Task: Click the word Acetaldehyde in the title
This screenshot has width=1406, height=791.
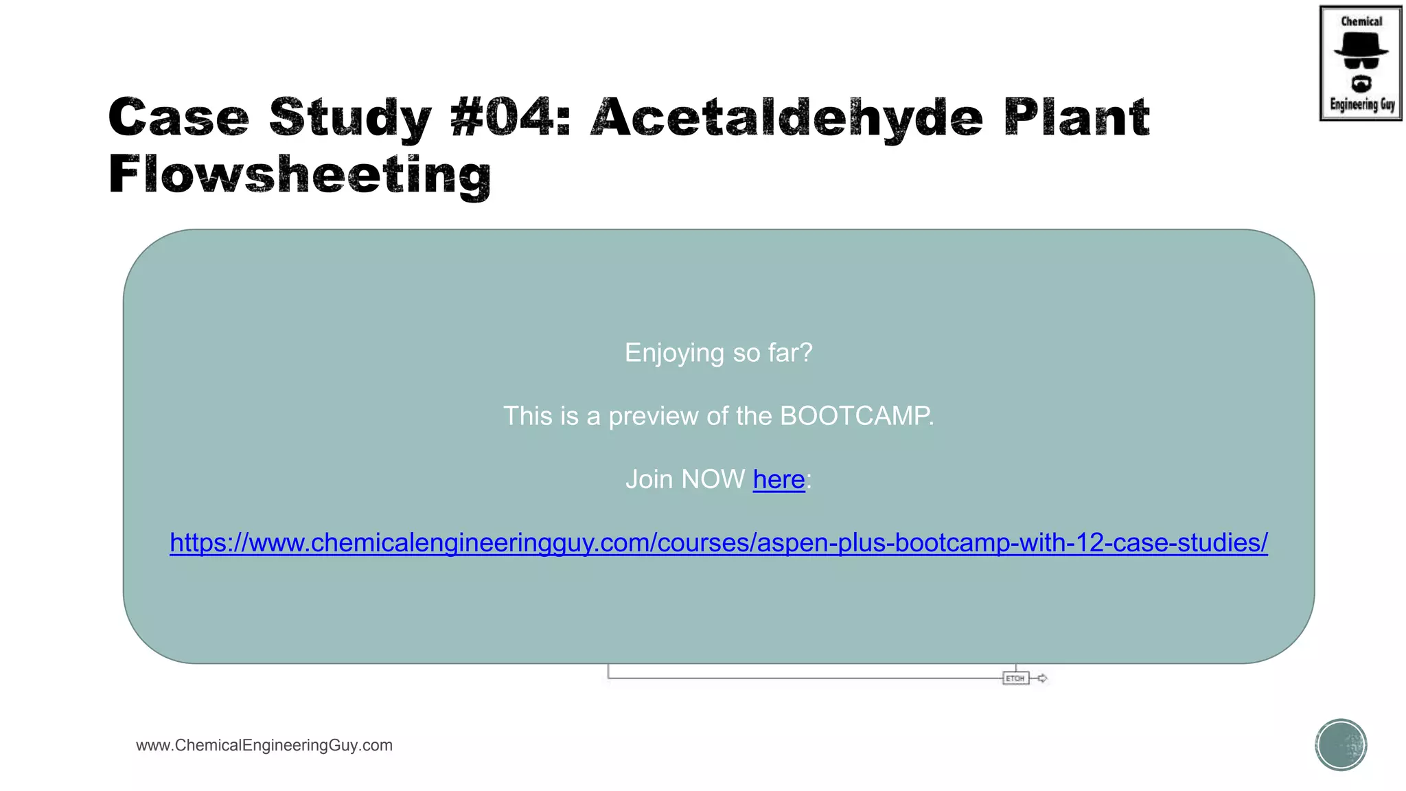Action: coord(787,117)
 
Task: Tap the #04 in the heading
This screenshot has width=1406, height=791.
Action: coord(510,117)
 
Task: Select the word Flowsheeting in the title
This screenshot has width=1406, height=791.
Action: coord(299,175)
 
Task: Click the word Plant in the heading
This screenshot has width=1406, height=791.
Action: coord(1076,117)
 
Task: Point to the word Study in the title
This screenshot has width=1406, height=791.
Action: coord(350,117)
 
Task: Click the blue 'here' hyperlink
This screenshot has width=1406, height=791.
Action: coord(779,479)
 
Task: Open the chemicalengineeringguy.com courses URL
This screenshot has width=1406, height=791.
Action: coord(718,542)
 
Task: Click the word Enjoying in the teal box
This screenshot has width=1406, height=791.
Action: coord(674,353)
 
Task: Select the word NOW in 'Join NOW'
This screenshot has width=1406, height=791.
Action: coord(714,479)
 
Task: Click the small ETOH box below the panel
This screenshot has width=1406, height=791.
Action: coord(1015,678)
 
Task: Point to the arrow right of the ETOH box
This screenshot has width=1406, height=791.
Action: coord(1042,678)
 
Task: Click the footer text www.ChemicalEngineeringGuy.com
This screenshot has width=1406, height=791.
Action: coord(264,745)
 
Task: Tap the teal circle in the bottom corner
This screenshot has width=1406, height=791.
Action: coord(1341,745)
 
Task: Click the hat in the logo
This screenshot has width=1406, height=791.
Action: coord(1361,45)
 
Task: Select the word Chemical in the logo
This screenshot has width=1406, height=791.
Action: coord(1361,21)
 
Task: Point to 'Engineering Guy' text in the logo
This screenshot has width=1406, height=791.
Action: coord(1362,104)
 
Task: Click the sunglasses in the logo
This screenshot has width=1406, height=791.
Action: coord(1361,63)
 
